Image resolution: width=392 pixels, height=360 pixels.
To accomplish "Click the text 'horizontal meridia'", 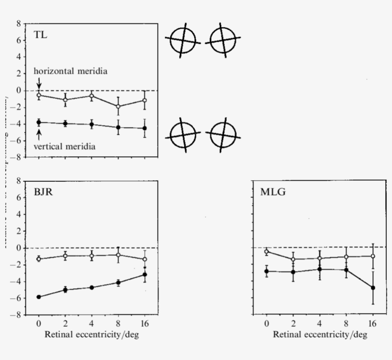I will click(70, 71).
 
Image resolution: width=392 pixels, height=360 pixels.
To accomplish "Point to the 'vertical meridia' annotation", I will click(64, 147).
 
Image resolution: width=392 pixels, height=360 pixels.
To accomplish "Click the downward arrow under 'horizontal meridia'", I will click(39, 83).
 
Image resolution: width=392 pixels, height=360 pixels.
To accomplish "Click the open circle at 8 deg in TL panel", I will click(118, 106).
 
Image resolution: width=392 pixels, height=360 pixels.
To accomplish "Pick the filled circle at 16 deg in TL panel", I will click(145, 128).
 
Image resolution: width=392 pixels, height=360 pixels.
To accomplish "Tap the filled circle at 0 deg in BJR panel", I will click(39, 297).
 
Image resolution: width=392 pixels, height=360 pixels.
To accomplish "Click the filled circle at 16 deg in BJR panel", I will click(145, 274).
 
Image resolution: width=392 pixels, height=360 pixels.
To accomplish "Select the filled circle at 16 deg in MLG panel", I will click(372, 288).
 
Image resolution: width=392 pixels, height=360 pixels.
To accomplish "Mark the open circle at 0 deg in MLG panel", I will click(266, 251).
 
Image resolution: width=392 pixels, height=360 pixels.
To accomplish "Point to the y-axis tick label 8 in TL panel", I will click(18, 23).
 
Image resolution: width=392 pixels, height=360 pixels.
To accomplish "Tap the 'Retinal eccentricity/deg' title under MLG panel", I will click(320, 334).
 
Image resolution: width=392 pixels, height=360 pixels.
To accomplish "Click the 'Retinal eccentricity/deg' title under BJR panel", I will click(92, 334).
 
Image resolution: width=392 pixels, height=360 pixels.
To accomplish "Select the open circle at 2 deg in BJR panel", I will click(65, 256).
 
